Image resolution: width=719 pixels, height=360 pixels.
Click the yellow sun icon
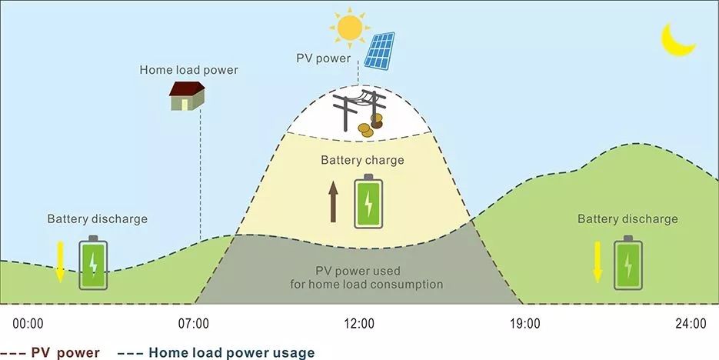coord(350,28)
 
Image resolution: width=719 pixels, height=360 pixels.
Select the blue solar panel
coord(379,51)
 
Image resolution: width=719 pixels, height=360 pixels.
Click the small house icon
coord(187,96)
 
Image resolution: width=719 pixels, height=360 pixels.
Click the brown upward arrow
coord(334,202)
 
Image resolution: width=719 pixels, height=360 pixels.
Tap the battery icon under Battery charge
coord(368,202)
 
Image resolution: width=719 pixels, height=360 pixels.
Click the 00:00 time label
coord(28,324)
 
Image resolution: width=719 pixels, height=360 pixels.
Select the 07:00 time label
coord(194,324)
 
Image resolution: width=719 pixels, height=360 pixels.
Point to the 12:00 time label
coord(359,324)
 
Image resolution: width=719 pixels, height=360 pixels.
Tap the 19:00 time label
coord(525,324)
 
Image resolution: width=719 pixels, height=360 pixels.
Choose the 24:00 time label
coord(691,324)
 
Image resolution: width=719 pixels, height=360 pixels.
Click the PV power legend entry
coord(50,353)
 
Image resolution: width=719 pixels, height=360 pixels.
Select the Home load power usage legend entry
coord(216,352)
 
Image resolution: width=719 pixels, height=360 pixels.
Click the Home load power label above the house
coord(189,70)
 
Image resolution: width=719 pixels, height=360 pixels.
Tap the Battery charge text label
coord(362,161)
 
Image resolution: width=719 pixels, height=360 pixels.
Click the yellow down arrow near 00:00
coord(60,262)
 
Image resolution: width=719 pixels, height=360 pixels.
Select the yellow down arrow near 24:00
coord(598,262)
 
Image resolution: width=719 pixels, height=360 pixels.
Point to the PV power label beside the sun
coord(323,58)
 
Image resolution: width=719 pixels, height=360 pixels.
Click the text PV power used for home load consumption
coord(366,278)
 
